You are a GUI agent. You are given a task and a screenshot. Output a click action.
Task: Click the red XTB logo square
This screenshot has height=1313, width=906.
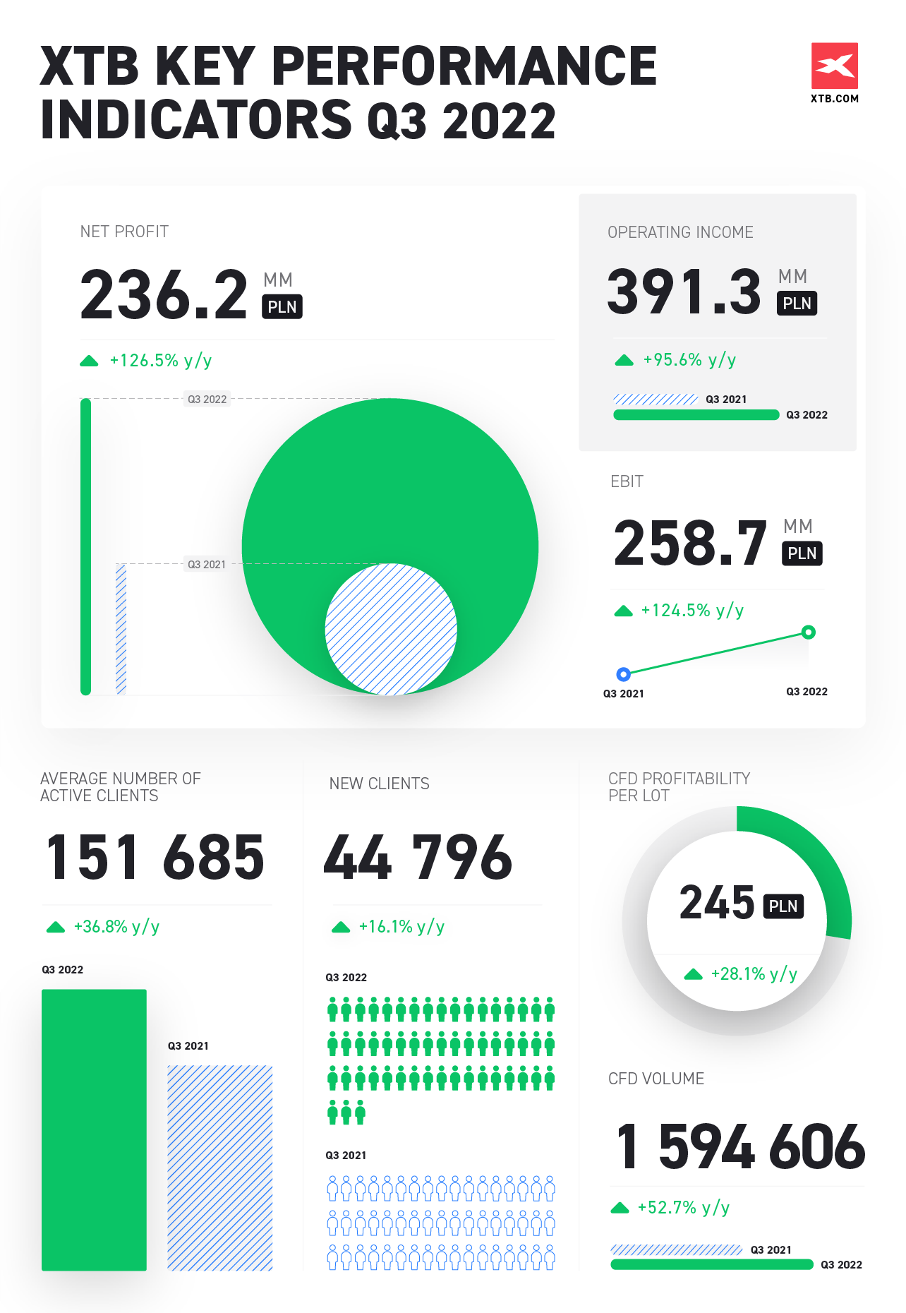834,66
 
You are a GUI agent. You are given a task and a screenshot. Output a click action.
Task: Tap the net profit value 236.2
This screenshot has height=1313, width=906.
164,294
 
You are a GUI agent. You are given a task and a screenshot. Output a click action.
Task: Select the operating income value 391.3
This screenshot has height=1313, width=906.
684,292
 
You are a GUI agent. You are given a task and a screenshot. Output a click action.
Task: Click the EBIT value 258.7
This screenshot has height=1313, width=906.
690,543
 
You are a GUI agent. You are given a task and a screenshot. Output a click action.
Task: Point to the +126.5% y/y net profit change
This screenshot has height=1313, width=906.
160,361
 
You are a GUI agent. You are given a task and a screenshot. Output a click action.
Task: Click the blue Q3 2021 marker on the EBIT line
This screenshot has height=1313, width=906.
623,674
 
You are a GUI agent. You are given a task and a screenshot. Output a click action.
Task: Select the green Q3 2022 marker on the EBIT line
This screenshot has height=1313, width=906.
809,632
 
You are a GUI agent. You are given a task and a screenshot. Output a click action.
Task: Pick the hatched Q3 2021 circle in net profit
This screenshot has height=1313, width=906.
390,629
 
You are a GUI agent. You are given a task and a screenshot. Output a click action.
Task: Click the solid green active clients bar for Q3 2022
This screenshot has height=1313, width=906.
94,1129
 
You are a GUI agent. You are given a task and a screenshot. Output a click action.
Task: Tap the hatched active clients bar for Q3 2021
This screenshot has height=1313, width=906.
219,1168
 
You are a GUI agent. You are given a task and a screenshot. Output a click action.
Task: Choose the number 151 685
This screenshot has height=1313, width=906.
155,858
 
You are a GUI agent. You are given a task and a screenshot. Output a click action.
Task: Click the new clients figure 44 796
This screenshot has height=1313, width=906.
418,858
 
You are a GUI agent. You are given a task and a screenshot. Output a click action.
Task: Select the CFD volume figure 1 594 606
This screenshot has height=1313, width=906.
739,1146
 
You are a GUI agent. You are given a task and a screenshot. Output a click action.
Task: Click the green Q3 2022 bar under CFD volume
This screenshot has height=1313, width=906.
711,1264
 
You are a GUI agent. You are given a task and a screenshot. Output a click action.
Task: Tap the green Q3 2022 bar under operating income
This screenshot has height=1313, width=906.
696,415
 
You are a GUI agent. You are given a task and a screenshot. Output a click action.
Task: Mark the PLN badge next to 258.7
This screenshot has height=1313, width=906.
802,553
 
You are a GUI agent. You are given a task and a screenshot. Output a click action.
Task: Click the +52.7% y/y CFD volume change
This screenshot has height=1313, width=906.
683,1208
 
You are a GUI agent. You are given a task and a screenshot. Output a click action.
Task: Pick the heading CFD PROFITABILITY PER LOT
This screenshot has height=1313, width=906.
679,787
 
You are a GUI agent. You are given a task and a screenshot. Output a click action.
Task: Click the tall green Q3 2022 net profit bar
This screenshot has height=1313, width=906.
86,547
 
